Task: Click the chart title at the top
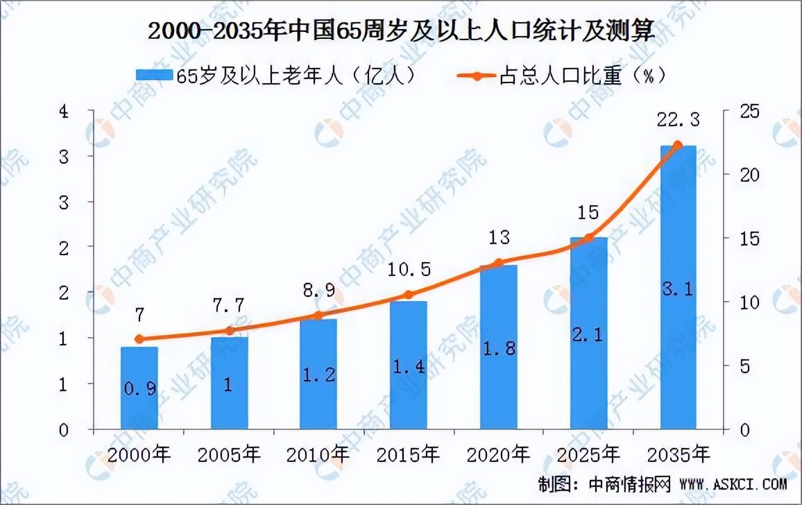(401, 30)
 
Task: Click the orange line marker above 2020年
(498, 264)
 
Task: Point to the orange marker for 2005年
(229, 331)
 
